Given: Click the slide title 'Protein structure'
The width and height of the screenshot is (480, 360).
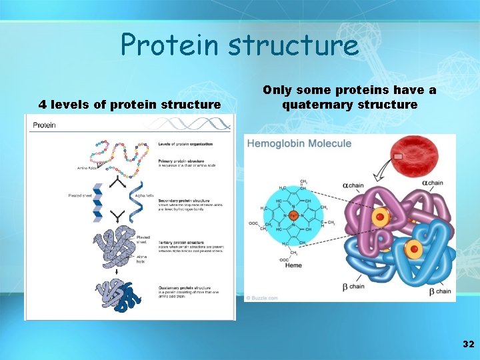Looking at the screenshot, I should point(239,45).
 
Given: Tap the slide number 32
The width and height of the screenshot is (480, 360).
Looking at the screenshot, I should point(468,344).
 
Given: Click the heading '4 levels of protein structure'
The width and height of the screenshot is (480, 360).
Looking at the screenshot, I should point(129,104).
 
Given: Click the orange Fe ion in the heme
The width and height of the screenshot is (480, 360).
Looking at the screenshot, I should point(293,217).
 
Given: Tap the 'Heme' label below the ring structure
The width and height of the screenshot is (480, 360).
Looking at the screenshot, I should point(293,265).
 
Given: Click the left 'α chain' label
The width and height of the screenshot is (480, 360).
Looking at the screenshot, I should point(353,185).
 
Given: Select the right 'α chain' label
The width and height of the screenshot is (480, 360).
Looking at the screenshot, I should point(431,183).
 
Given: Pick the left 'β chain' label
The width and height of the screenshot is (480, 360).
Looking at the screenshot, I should point(353,287).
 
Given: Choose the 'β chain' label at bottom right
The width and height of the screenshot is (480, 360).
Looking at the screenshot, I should point(439,291).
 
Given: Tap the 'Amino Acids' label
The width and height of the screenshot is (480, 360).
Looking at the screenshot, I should point(85,169).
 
